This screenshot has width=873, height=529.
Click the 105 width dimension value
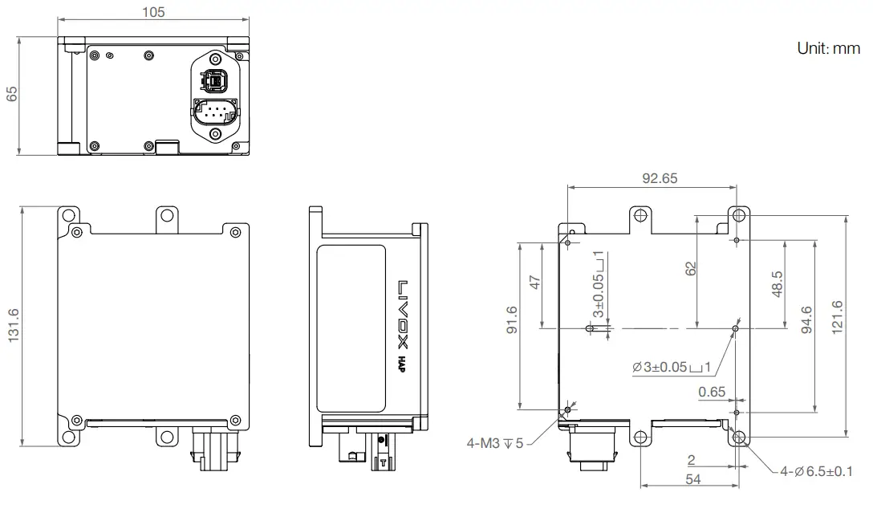[153, 12]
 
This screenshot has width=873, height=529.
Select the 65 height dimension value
[12, 94]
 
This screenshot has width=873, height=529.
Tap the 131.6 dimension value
[12, 326]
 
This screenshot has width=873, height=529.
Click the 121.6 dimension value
[838, 317]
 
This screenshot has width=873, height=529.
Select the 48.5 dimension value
[777, 284]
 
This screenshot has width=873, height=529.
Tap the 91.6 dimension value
[512, 319]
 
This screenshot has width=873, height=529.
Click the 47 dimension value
[535, 282]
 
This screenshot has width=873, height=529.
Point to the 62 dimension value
[690, 268]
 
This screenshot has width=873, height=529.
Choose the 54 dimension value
[691, 478]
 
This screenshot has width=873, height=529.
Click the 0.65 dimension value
[712, 392]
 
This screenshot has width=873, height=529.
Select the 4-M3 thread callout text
[494, 442]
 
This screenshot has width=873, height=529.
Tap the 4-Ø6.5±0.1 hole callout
[816, 471]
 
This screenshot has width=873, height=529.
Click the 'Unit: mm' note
[828, 48]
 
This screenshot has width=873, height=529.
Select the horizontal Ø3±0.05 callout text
[672, 367]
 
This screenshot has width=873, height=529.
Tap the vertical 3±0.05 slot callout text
[598, 285]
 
